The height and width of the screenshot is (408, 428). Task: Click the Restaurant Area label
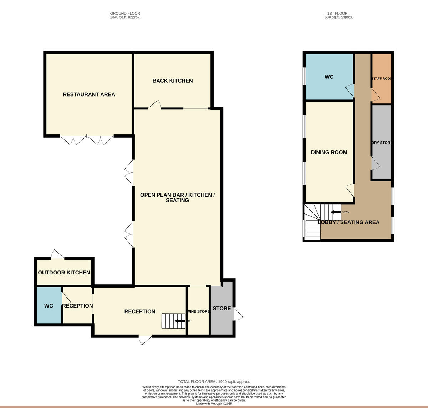pyautogui.click(x=89, y=94)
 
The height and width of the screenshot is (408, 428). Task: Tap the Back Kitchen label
pyautogui.click(x=173, y=81)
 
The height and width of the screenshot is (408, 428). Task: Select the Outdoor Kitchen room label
pyautogui.click(x=64, y=273)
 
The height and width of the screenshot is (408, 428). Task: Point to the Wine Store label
pyautogui.click(x=198, y=311)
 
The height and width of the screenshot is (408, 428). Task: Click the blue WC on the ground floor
pyautogui.click(x=49, y=306)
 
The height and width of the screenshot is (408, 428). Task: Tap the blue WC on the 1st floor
pyautogui.click(x=329, y=77)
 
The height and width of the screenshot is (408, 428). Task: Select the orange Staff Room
pyautogui.click(x=381, y=79)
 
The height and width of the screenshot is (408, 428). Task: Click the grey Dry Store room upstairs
pyautogui.click(x=382, y=143)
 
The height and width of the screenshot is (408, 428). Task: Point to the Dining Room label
pyautogui.click(x=329, y=153)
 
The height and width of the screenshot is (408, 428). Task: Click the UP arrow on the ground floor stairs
pyautogui.click(x=180, y=321)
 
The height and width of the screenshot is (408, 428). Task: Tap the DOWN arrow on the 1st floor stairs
pyautogui.click(x=335, y=212)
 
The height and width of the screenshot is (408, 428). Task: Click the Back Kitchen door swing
pyautogui.click(x=154, y=104)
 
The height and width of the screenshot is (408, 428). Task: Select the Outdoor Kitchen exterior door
pyautogui.click(x=58, y=254)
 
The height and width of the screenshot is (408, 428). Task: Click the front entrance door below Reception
pyautogui.click(x=145, y=340)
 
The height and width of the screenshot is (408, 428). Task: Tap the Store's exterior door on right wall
pyautogui.click(x=238, y=313)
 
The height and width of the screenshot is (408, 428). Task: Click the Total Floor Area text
pyautogui.click(x=214, y=382)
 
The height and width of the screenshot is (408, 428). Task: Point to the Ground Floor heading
pyautogui.click(x=125, y=14)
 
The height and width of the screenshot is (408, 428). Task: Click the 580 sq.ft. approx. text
pyautogui.click(x=338, y=17)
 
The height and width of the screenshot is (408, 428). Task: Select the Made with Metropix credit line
pyautogui.click(x=214, y=404)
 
